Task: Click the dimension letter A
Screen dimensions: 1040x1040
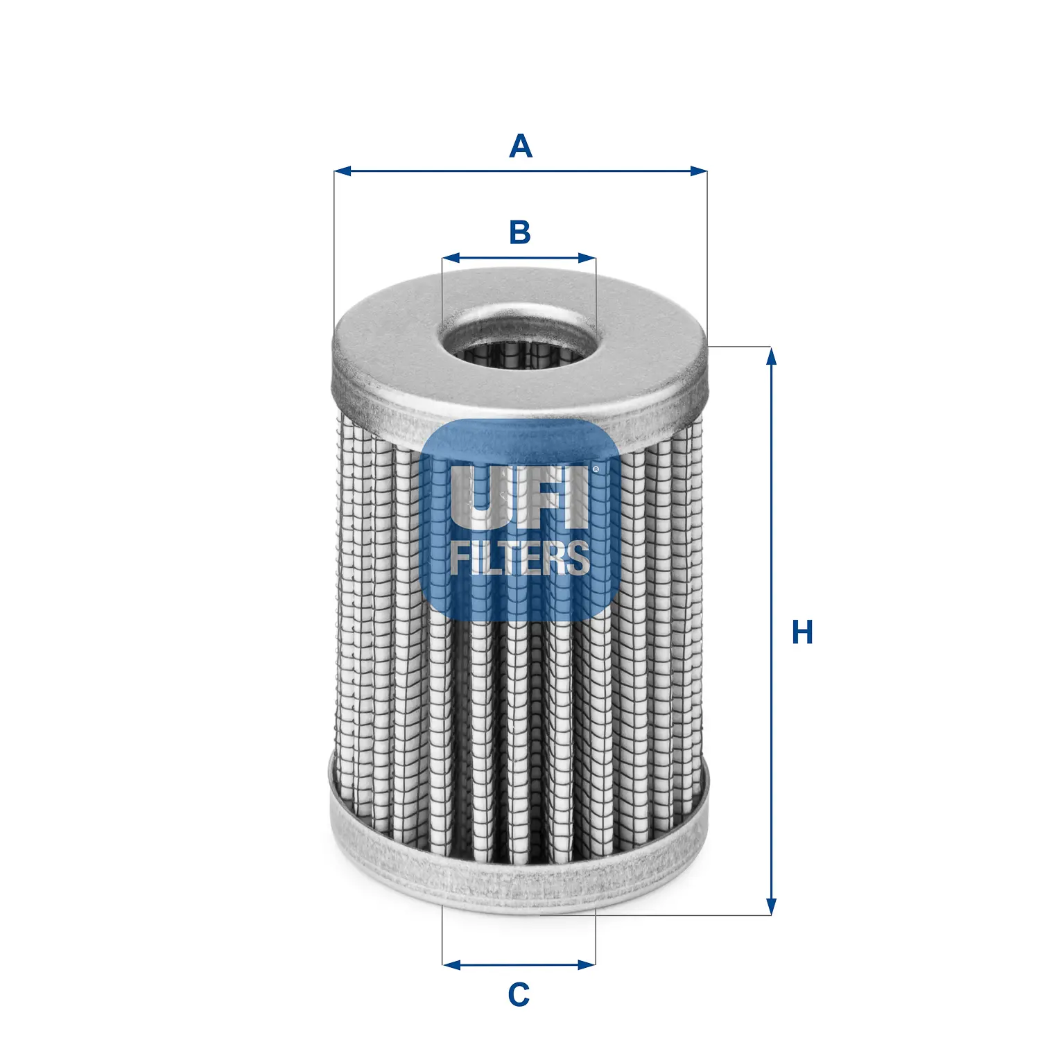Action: (520, 146)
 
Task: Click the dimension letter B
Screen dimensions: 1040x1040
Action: (519, 232)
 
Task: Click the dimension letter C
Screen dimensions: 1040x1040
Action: (519, 995)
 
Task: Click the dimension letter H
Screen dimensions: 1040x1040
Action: (802, 632)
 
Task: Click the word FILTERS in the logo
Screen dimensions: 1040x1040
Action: (519, 558)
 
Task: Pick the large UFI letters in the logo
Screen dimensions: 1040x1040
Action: (517, 497)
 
